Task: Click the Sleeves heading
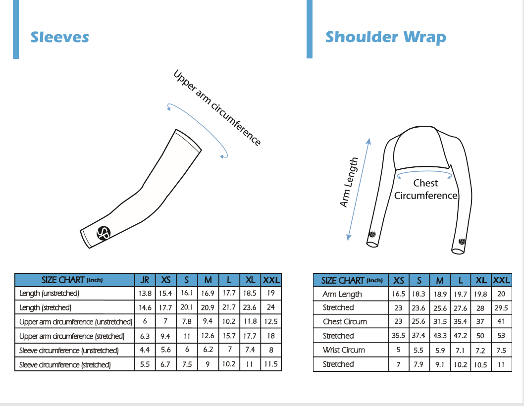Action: (x=60, y=37)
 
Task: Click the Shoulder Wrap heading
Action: (x=386, y=37)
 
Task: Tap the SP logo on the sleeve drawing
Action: (x=104, y=233)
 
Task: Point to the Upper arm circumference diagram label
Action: (x=217, y=107)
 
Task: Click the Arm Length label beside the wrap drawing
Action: (x=349, y=182)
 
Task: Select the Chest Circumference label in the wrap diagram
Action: (x=425, y=189)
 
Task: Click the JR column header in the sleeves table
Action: (x=145, y=280)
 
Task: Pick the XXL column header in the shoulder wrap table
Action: (x=501, y=280)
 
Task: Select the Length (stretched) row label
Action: (x=45, y=307)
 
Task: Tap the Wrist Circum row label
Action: (x=344, y=350)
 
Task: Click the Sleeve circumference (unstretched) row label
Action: (x=69, y=351)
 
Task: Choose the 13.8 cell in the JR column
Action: (x=145, y=294)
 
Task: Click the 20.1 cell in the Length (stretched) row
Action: (x=187, y=307)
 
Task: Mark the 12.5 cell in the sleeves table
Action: (x=271, y=321)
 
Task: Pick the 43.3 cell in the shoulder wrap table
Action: (x=440, y=336)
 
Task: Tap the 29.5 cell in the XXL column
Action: (x=501, y=308)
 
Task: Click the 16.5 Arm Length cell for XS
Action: (x=398, y=294)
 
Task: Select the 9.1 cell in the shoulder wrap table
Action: (x=440, y=364)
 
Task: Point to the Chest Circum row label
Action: (x=345, y=321)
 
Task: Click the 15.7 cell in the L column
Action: (x=229, y=336)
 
